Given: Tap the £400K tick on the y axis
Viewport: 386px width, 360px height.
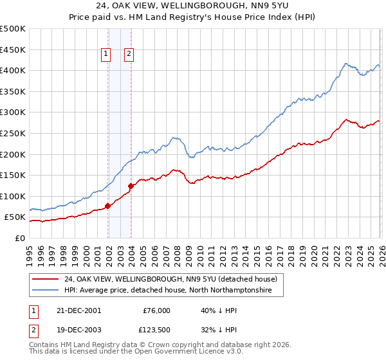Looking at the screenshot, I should [x=13, y=71].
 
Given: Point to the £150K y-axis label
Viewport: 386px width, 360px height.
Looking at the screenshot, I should [x=13, y=175].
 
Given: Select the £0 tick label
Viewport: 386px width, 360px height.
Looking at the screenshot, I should [x=19, y=238].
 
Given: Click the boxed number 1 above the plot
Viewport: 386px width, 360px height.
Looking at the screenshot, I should [x=106, y=55].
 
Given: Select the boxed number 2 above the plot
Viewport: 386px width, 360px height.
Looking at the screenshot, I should [x=129, y=55].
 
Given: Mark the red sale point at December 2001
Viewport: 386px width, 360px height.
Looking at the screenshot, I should [x=108, y=206].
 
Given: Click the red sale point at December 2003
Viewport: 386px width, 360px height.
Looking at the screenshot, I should [x=131, y=186].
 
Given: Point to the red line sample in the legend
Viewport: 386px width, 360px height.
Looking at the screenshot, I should [x=45, y=279].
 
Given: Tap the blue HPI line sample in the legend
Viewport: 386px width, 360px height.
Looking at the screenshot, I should [x=45, y=291].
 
